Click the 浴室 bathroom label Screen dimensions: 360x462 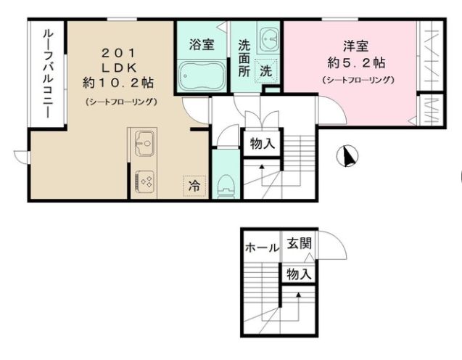pos(201,44)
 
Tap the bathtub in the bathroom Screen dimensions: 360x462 pos(201,75)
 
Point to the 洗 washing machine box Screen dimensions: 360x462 pos(266,71)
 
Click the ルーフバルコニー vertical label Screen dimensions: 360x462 pos(46,75)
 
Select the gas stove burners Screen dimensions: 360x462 pos(143,181)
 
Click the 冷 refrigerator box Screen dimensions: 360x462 pos(194,185)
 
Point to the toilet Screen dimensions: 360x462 pos(226,184)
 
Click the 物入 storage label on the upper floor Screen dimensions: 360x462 pos(262,143)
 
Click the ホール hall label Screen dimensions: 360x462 pos(262,247)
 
